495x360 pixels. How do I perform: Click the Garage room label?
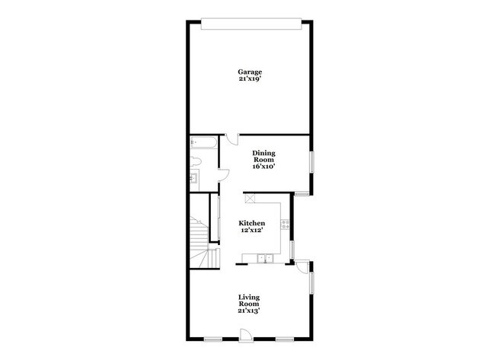[x=250, y=72]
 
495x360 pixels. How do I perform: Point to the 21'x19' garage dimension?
[x=250, y=79]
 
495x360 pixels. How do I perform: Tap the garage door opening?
[x=251, y=24]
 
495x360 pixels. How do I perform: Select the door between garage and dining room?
[x=232, y=139]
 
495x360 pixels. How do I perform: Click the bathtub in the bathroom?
[x=203, y=142]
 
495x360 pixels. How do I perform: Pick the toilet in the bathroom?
[x=196, y=161]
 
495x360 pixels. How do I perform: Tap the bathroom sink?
[x=194, y=179]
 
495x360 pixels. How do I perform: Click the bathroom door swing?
[x=224, y=175]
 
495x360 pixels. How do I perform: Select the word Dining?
[x=263, y=153]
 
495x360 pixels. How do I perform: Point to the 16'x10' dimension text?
[x=263, y=166]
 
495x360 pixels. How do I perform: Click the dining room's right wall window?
[x=311, y=162]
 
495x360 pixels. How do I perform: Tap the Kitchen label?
[x=251, y=223]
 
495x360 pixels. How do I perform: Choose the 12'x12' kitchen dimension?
[x=251, y=230]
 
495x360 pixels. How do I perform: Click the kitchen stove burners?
[x=285, y=225]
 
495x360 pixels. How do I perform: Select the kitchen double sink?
[x=265, y=259]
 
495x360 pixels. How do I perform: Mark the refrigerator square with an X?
[x=250, y=198]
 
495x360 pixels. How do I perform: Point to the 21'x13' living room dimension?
[x=249, y=311]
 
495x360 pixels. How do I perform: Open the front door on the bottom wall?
[x=246, y=335]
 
